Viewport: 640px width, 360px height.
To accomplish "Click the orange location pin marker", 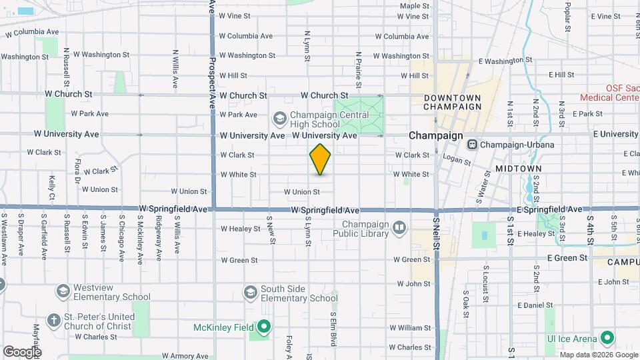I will point(320,159).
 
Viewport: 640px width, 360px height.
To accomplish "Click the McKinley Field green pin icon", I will point(265,327).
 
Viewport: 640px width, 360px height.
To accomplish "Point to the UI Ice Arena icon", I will point(607,338).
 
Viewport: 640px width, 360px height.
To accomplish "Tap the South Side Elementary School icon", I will point(250,293).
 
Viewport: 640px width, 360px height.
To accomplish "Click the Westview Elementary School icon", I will point(62,291).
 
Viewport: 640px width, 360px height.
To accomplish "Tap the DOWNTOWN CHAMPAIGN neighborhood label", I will point(452,102).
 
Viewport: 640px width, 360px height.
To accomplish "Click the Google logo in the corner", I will point(22,351).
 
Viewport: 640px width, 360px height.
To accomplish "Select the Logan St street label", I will point(457,161).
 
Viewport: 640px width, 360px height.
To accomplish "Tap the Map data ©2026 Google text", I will point(598,355).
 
